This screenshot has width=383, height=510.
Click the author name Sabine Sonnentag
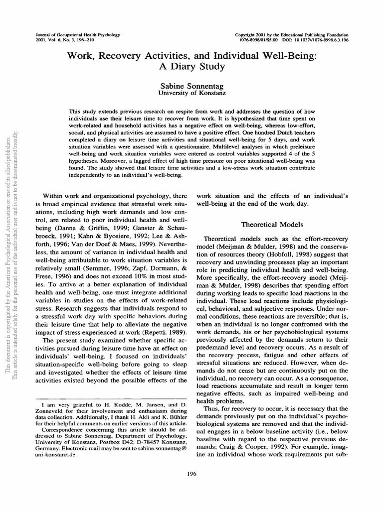click(x=191, y=85)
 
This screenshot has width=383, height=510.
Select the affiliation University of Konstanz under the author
click(x=191, y=93)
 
